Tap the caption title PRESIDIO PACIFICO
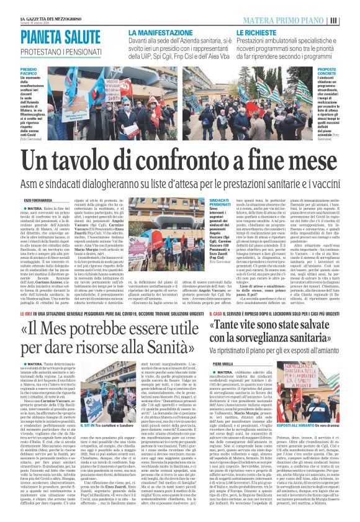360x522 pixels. click(29, 72)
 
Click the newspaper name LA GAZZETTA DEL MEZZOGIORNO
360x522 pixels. click(52, 20)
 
